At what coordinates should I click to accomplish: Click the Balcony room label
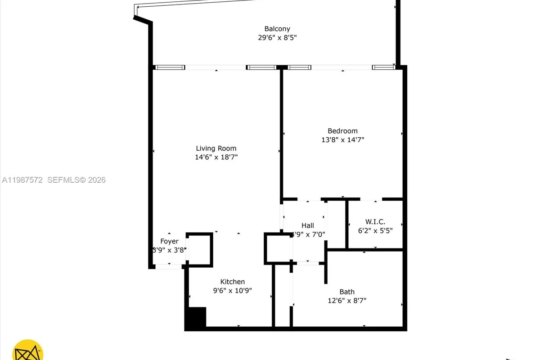coord(277,29)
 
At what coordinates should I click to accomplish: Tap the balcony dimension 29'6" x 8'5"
coord(277,38)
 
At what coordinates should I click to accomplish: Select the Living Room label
coord(216,148)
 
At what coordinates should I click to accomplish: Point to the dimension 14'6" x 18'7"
coord(216,157)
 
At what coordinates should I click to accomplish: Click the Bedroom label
coord(342,131)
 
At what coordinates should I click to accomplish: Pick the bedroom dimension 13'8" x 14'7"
coord(342,139)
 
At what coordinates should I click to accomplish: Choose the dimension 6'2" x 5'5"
coord(375,230)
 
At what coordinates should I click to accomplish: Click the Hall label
coord(308,225)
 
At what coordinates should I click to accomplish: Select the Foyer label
coord(169,241)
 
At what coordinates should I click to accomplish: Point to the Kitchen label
coord(232,282)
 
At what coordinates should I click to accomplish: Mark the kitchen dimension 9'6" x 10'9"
coord(232,291)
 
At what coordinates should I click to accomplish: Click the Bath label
coord(347,292)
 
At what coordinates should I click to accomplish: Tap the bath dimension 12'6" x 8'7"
coord(347,301)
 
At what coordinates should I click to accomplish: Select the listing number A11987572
coord(22,180)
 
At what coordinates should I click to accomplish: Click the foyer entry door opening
coord(169,267)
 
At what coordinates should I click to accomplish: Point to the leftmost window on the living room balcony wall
coord(169,67)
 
